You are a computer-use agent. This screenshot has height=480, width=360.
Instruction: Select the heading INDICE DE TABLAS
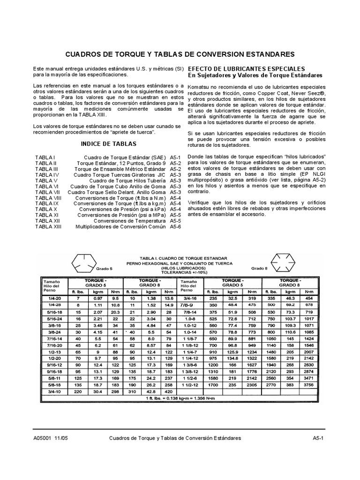pos(109,144)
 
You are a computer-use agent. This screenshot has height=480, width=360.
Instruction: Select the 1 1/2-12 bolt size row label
pos(191,384)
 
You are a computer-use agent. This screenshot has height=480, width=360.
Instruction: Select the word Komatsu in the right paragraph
pos(200,87)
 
